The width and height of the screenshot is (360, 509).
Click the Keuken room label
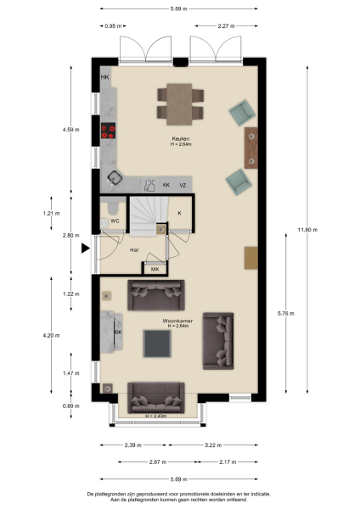pyautogui.click(x=180, y=137)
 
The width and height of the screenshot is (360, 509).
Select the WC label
pyautogui.click(x=114, y=221)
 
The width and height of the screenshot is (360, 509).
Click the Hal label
pyautogui.click(x=134, y=250)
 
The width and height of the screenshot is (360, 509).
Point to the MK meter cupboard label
pyautogui.click(x=155, y=269)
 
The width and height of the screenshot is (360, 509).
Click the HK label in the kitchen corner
pyautogui.click(x=105, y=78)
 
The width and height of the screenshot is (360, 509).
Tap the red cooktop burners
pyautogui.click(x=109, y=131)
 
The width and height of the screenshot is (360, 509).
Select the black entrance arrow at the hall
pyautogui.click(x=84, y=249)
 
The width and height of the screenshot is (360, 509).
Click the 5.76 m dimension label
pyautogui.click(x=291, y=314)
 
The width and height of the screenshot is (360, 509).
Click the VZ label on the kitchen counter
pyautogui.click(x=182, y=185)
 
